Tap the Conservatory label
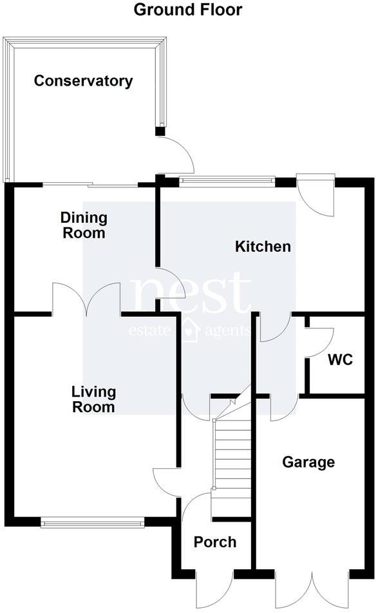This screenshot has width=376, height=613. pos(83,81)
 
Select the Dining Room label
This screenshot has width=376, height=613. pos(84,225)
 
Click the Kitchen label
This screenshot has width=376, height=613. pos(263,246)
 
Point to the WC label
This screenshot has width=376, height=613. pos(340,359)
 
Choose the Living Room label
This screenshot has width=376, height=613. pos(93,399)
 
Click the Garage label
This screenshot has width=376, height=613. pos(308,462)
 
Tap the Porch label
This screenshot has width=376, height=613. pos(215,542)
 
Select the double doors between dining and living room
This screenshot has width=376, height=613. pos(86,302)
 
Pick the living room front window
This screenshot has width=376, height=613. pos(91,523)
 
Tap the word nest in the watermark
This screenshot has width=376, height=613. pos(191,294)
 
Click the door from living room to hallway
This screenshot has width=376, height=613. pos(166,480)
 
